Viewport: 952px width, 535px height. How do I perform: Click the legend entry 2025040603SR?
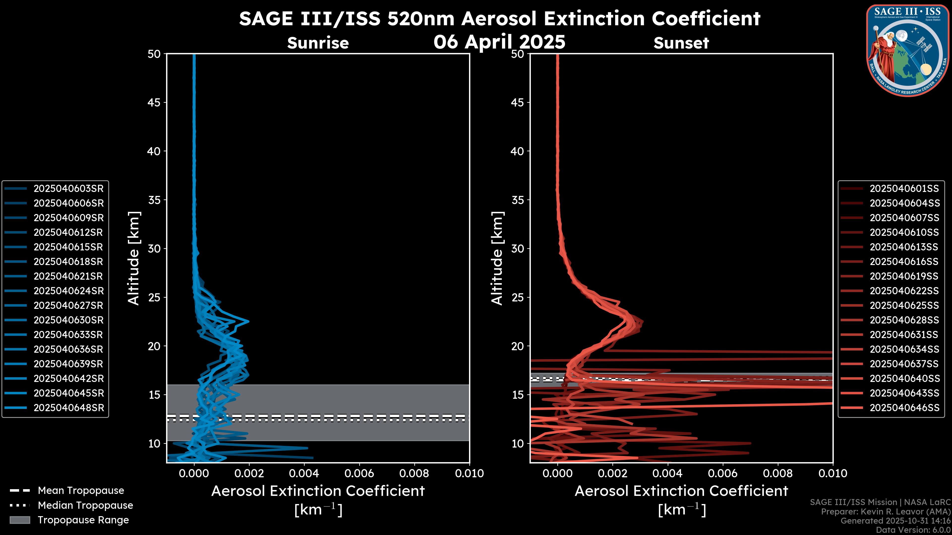[68, 189]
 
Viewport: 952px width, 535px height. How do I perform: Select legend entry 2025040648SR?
[68, 408]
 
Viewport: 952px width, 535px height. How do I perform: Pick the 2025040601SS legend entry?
[904, 189]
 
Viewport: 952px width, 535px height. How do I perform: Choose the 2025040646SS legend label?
[904, 408]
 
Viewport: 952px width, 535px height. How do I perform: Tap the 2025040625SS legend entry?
[904, 306]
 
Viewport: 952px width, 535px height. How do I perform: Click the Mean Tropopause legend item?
[81, 491]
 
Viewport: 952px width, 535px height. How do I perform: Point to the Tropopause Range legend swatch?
[20, 520]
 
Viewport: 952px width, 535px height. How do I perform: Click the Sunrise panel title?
[318, 43]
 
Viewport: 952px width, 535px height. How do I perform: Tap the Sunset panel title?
[681, 43]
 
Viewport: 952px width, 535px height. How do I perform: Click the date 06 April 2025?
[499, 42]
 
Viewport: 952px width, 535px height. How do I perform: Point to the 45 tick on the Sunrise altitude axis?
[154, 103]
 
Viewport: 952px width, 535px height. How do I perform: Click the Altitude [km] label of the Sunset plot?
[497, 258]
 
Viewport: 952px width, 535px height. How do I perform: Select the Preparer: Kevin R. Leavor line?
[886, 512]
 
